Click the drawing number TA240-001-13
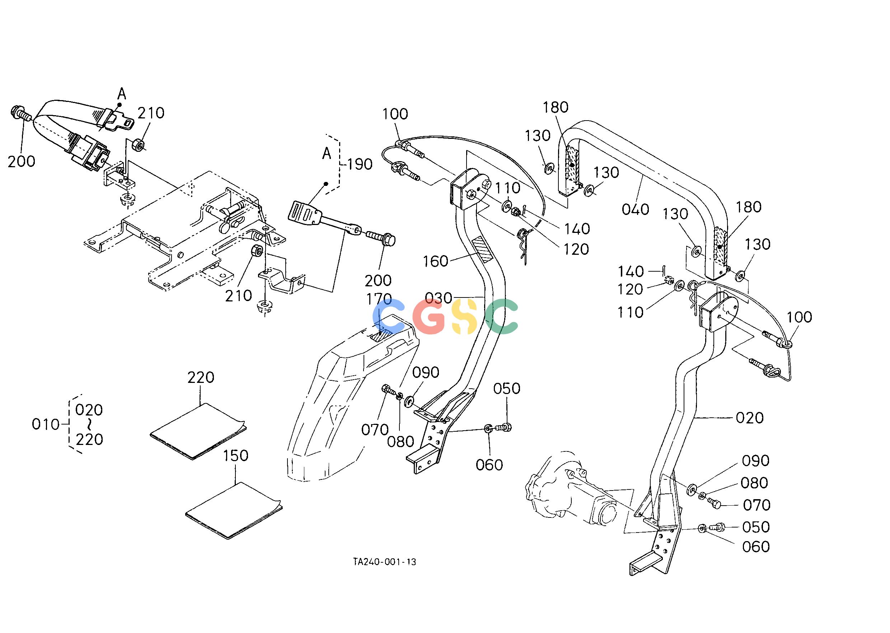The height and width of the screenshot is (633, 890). pyautogui.click(x=384, y=562)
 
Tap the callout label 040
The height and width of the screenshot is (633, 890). pyautogui.click(x=636, y=209)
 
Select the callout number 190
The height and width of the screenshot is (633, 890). pyautogui.click(x=360, y=164)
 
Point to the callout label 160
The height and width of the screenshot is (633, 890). pyautogui.click(x=435, y=261)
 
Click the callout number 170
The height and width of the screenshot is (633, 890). pyautogui.click(x=379, y=299)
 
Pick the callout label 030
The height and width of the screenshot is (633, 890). pyautogui.click(x=438, y=299)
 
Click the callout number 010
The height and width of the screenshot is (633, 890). pyautogui.click(x=46, y=425)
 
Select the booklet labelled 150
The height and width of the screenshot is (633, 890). pyautogui.click(x=234, y=511)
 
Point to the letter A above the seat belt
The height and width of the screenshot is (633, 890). pyautogui.click(x=122, y=94)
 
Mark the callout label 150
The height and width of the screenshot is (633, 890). pyautogui.click(x=236, y=456)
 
